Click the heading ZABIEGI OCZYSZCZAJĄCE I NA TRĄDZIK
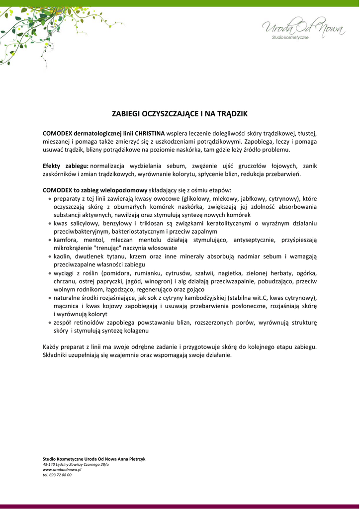click(180, 114)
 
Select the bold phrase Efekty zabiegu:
click(66, 166)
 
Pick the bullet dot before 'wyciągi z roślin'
click(50, 273)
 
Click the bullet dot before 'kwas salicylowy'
click(50, 224)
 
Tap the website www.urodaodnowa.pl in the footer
click(62, 469)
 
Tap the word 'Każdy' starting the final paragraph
click(51, 347)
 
